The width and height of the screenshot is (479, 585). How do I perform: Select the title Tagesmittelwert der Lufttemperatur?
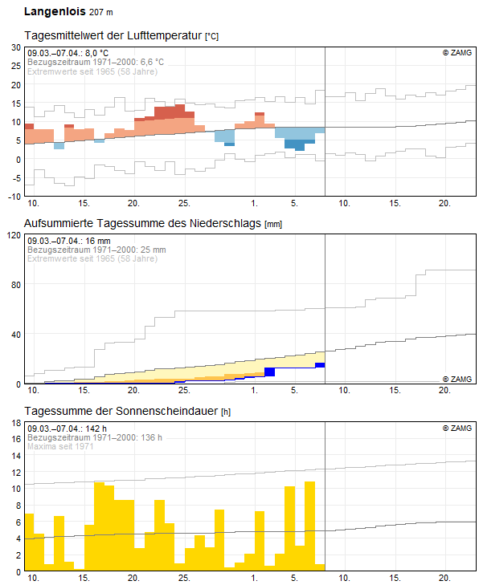pyautogui.click(x=113, y=36)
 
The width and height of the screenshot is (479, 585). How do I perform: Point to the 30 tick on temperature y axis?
pyautogui.click(x=15, y=47)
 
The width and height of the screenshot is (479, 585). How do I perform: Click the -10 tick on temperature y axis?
pyautogui.click(x=14, y=196)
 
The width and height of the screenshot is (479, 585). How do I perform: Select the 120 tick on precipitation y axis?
pyautogui.click(x=13, y=235)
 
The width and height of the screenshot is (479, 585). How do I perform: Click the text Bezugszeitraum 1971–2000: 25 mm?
pyautogui.click(x=96, y=250)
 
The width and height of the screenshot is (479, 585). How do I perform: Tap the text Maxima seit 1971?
pyautogui.click(x=60, y=446)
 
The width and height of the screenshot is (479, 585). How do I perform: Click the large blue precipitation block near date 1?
pyautogui.click(x=269, y=372)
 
